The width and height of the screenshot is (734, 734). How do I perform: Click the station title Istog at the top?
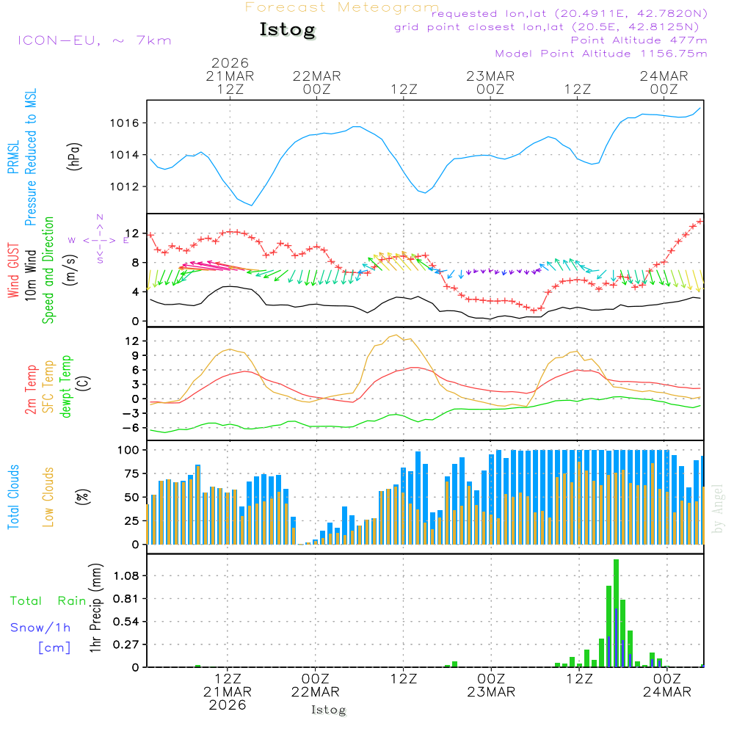coord(287,30)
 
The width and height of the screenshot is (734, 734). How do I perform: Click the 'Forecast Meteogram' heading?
coord(342,8)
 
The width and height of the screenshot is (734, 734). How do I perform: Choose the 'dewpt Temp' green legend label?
coord(67,386)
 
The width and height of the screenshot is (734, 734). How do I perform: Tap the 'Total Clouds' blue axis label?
coord(13,497)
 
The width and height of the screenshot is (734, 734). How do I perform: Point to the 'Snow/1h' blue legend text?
coord(41,628)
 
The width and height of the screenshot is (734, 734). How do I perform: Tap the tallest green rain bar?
coord(616,613)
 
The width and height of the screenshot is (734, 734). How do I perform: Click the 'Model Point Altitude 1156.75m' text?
coord(601,54)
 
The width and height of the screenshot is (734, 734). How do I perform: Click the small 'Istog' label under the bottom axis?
coord(328,710)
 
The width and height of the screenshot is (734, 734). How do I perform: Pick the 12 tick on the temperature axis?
coord(133,341)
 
